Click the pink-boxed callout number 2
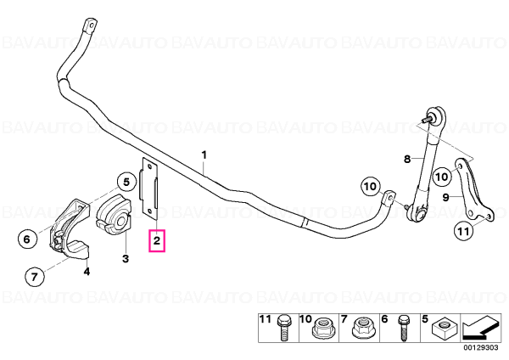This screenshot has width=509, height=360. [157, 241]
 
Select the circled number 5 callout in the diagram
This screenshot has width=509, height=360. [126, 183]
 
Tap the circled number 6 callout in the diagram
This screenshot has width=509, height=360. [26, 239]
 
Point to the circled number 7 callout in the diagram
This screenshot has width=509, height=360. [34, 277]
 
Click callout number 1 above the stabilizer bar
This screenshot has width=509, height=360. [204, 155]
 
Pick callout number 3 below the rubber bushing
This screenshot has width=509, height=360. [126, 259]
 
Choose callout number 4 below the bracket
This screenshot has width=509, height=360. [87, 271]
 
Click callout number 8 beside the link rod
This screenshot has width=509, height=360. [407, 160]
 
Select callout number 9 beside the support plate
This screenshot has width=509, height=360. [445, 197]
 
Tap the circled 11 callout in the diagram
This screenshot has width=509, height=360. [463, 231]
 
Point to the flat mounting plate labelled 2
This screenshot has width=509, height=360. [148, 188]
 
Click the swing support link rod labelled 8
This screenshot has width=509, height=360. [424, 166]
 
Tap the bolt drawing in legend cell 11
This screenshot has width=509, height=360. [283, 328]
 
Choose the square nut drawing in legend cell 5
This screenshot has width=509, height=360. [444, 328]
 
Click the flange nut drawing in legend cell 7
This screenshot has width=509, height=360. [363, 327]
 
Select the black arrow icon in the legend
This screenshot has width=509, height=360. [480, 329]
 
